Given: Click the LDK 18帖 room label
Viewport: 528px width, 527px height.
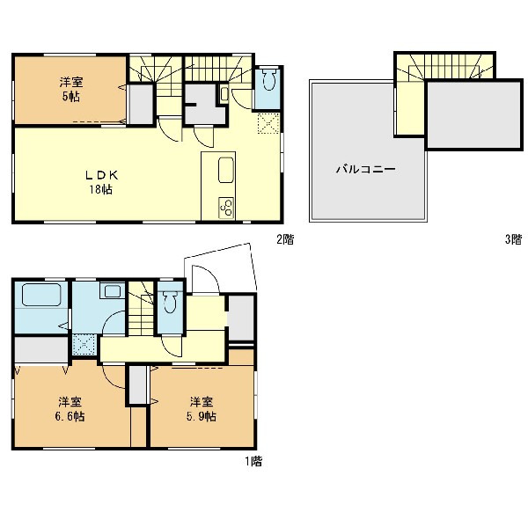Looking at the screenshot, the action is click(101, 182).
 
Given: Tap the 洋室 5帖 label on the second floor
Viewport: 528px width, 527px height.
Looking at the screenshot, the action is click(71, 90).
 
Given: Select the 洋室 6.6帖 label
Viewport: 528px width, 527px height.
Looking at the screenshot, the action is click(70, 409).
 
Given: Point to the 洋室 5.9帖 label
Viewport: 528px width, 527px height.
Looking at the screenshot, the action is click(201, 409).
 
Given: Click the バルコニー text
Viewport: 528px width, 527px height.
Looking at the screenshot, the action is click(366, 169).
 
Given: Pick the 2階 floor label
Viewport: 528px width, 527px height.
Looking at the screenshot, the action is click(285, 239).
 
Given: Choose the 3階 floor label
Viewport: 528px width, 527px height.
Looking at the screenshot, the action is click(513, 239).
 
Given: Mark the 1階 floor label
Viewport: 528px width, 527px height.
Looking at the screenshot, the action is click(253, 461).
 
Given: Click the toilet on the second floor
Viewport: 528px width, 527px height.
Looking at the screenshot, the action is click(269, 79).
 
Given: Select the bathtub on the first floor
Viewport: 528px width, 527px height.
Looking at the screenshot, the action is click(41, 295).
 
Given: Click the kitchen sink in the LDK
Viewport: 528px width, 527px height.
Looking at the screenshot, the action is click(226, 170).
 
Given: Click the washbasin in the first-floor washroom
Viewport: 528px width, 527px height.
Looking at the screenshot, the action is click(113, 291).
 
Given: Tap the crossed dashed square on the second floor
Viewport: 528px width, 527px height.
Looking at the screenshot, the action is click(268, 123).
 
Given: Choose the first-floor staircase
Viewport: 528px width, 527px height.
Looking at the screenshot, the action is click(141, 308).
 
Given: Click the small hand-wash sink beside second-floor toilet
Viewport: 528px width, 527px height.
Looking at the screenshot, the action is click(224, 93).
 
